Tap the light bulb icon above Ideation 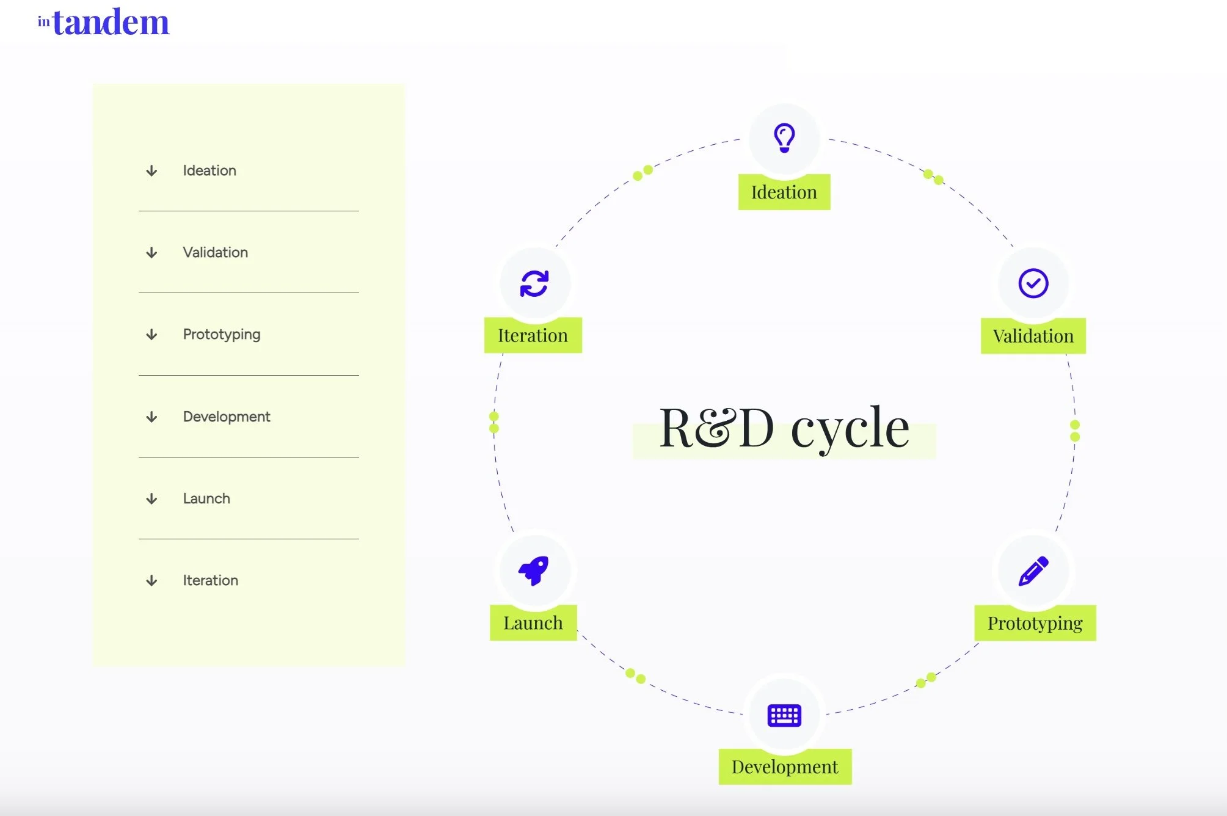(784, 137)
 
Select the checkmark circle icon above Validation (1033, 283)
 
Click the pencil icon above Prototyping (1033, 571)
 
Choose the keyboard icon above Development (784, 715)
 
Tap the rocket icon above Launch (534, 570)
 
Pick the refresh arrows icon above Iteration (534, 283)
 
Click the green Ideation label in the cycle (784, 192)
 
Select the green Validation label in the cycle (1033, 336)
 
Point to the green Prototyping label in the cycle (1035, 623)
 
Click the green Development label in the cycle (785, 767)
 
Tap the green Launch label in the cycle (533, 623)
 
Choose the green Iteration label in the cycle (533, 335)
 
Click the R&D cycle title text (784, 428)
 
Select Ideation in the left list (209, 170)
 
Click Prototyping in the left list (222, 334)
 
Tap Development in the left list (227, 417)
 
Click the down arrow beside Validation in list (151, 253)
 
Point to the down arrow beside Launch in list (151, 499)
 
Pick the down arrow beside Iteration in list (151, 581)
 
